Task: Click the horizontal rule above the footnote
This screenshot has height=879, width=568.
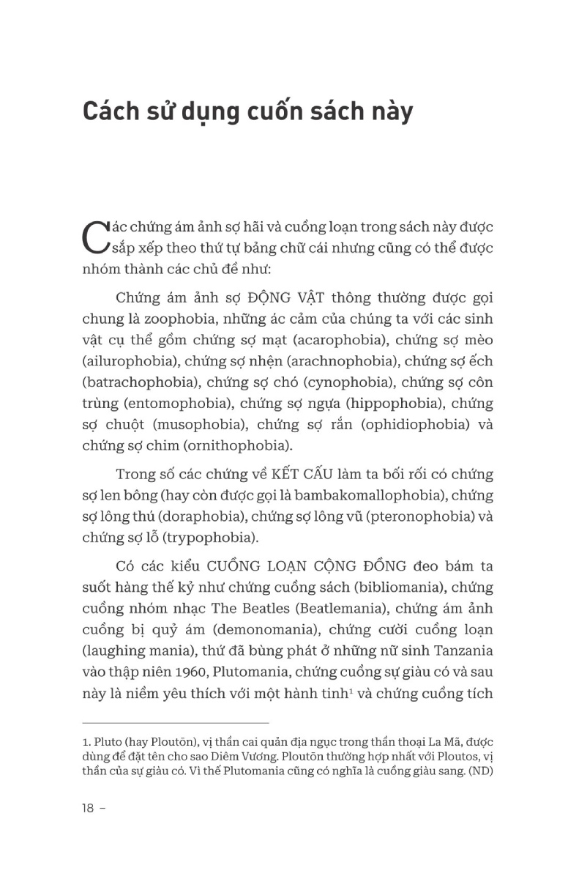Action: pos(176,723)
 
